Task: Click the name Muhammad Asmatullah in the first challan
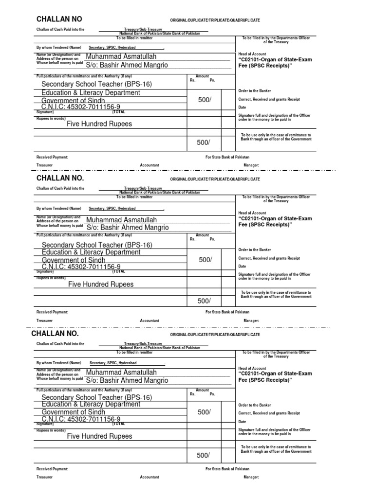121,56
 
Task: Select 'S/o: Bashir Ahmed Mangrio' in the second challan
128,227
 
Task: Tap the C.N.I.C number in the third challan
81,419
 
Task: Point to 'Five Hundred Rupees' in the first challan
99,124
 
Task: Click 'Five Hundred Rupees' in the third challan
99,436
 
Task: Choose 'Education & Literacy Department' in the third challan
91,404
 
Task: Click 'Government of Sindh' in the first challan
74,100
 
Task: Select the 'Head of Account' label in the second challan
252,213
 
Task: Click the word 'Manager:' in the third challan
251,477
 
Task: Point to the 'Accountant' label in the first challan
150,165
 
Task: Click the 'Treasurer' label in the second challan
44,320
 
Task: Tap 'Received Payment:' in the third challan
52,469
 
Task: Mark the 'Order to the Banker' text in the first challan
255,91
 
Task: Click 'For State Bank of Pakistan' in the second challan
227,312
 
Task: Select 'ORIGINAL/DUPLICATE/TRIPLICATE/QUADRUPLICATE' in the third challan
215,335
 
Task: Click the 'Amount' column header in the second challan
202,236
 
